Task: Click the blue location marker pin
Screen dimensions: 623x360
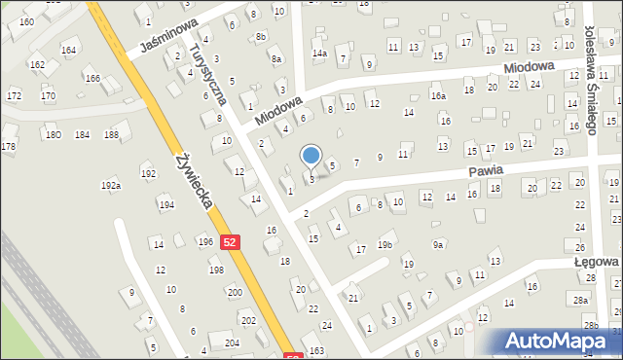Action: (311, 156)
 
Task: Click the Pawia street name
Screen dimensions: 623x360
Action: (484, 170)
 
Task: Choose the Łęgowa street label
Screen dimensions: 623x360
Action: (596, 262)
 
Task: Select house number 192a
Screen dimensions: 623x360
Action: (111, 185)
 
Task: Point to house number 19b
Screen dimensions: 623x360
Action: (385, 245)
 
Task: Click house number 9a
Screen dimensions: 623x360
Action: (439, 245)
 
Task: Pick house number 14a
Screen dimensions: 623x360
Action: (319, 54)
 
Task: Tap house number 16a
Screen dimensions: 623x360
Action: (439, 96)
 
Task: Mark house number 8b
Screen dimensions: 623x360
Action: (260, 37)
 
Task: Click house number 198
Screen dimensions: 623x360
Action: (215, 270)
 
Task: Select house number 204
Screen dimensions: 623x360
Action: (232, 342)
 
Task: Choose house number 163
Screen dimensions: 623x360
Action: (316, 350)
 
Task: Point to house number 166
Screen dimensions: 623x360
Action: (92, 78)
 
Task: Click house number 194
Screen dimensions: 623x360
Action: (166, 205)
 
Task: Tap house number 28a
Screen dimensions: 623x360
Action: (581, 300)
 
